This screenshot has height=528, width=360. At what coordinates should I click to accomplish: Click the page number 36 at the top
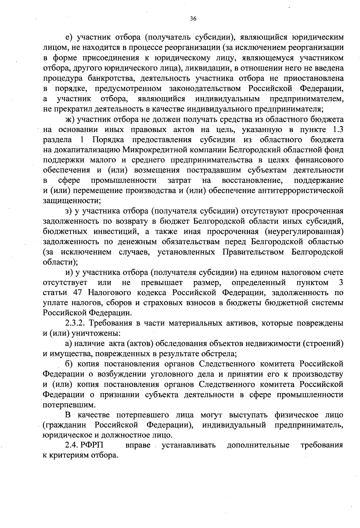click(x=193, y=19)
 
